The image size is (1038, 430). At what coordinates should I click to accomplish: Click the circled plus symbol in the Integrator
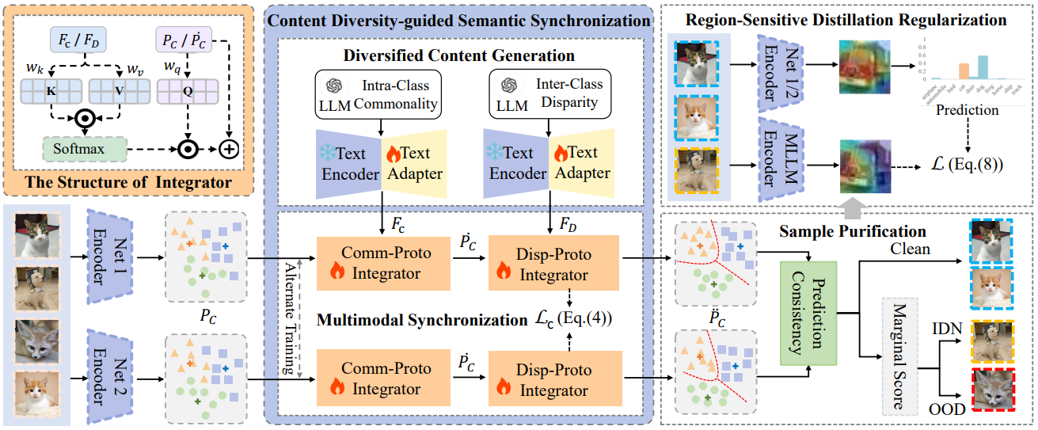point(230,149)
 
